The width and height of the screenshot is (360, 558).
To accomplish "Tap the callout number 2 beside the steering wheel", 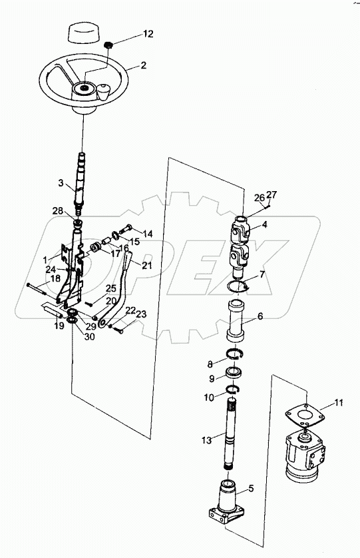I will pyautogui.click(x=142, y=66).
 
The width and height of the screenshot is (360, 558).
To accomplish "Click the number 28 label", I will pyautogui.click(x=59, y=211).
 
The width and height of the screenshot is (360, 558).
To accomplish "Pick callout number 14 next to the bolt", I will pyautogui.click(x=148, y=234).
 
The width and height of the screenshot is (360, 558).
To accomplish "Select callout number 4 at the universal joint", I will pyautogui.click(x=264, y=224).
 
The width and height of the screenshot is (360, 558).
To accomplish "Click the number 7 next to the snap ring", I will pyautogui.click(x=262, y=274).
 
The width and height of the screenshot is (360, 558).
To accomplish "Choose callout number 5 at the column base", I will pyautogui.click(x=250, y=489).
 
